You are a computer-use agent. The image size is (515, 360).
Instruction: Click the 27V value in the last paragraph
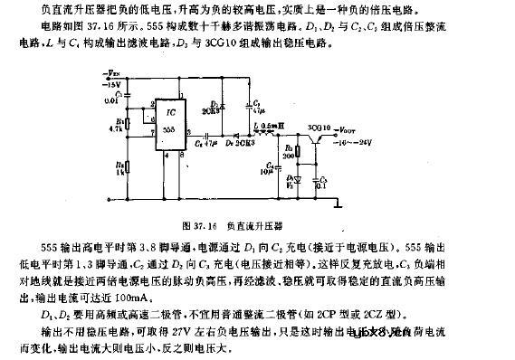click(x=259, y=328)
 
